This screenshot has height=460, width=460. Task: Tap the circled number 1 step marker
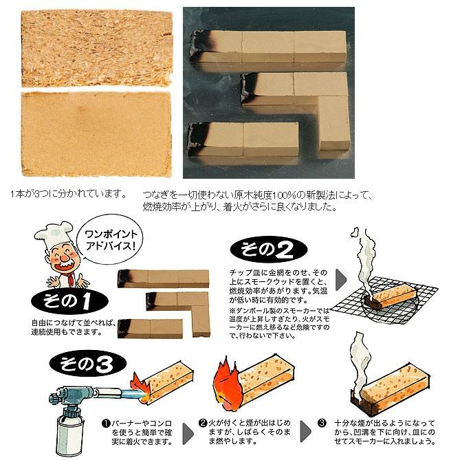point(107,423)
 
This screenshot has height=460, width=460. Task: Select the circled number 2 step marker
point(203,423)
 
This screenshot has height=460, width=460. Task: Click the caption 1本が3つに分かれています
point(69,194)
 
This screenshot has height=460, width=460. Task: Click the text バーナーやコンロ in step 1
point(140,423)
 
